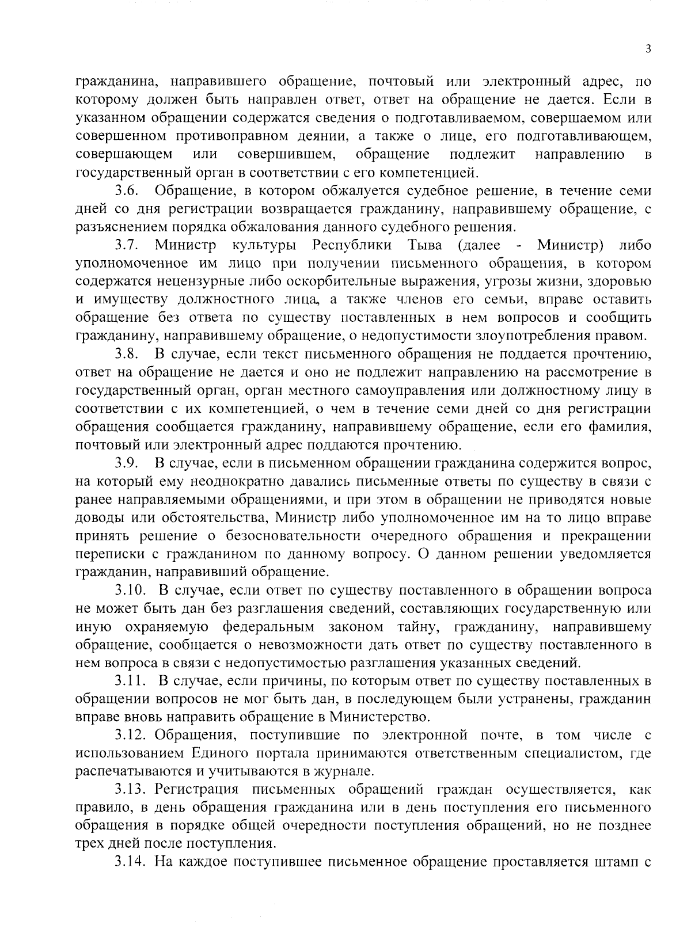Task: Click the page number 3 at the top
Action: click(648, 50)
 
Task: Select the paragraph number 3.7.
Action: click(125, 246)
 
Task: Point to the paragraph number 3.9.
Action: click(125, 463)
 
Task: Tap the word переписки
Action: click(107, 554)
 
